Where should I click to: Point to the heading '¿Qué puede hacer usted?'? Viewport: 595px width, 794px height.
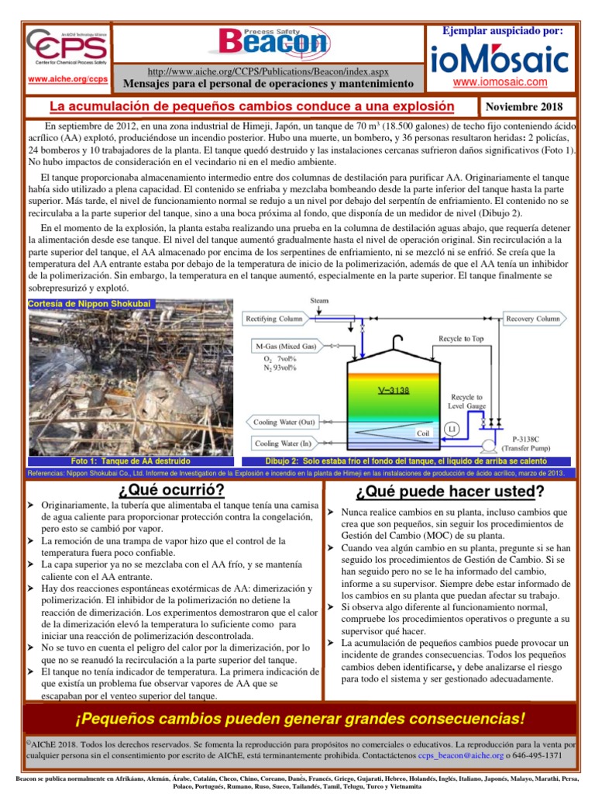(x=450, y=492)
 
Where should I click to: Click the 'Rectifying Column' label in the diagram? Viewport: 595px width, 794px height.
(x=275, y=319)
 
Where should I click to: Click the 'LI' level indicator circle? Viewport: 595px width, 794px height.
(x=452, y=429)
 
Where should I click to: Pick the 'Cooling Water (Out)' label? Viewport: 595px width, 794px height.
(x=284, y=423)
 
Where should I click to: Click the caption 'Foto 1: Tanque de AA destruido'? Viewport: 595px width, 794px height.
(x=136, y=461)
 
